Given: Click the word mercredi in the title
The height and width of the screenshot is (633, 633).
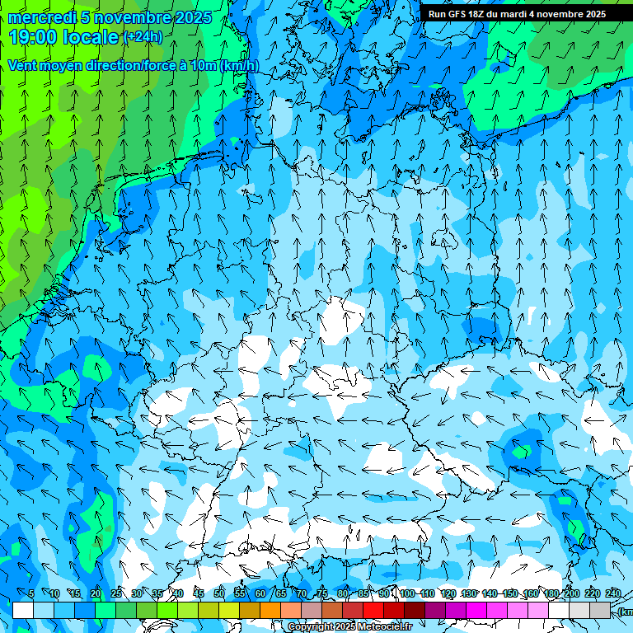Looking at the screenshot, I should coord(43,17).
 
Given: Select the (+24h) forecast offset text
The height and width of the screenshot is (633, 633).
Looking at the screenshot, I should coord(143,37).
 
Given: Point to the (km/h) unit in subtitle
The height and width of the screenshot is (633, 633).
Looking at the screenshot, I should coord(239,66).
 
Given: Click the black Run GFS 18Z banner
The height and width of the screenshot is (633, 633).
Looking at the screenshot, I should coord(517,14).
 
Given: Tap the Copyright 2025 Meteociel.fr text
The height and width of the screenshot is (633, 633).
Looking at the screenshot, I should coord(349,627).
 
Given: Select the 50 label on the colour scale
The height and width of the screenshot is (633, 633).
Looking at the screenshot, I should coord(218,593).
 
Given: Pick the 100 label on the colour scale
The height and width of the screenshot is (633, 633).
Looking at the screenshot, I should coord(406,593).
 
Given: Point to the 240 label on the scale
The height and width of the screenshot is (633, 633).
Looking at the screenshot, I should coord(613,593).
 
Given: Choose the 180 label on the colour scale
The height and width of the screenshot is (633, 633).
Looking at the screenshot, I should coord(551,593).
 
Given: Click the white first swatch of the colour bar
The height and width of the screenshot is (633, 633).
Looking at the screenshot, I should coord(23,610).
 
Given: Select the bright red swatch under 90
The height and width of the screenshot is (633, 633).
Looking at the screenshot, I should coord(373,610).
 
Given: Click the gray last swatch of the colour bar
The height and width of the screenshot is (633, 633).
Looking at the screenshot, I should coord(601,610).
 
